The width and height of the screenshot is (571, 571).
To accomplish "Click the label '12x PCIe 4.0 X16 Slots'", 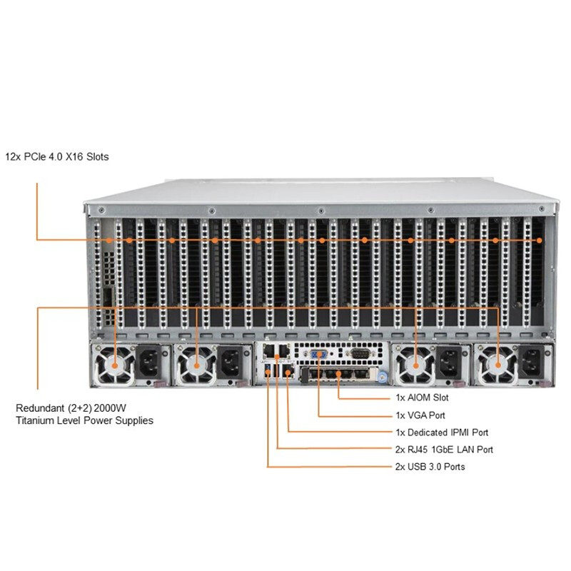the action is [x=57, y=156].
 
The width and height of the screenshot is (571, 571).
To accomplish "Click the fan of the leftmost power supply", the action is [x=114, y=365].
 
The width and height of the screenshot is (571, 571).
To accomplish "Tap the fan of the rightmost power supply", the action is [x=495, y=365].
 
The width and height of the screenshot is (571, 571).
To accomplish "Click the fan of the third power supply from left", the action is [x=413, y=365].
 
